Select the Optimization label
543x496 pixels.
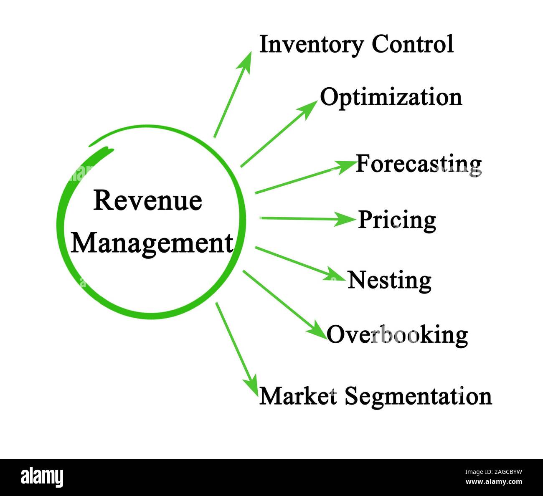[391, 97]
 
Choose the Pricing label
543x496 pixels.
[397, 220]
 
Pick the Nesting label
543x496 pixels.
[389, 280]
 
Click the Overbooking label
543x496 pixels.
[397, 334]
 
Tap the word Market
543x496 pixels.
[298, 395]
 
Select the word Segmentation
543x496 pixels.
[418, 396]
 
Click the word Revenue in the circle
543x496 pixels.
[148, 200]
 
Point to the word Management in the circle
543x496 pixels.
[152, 243]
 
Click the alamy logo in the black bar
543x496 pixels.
[42, 477]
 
